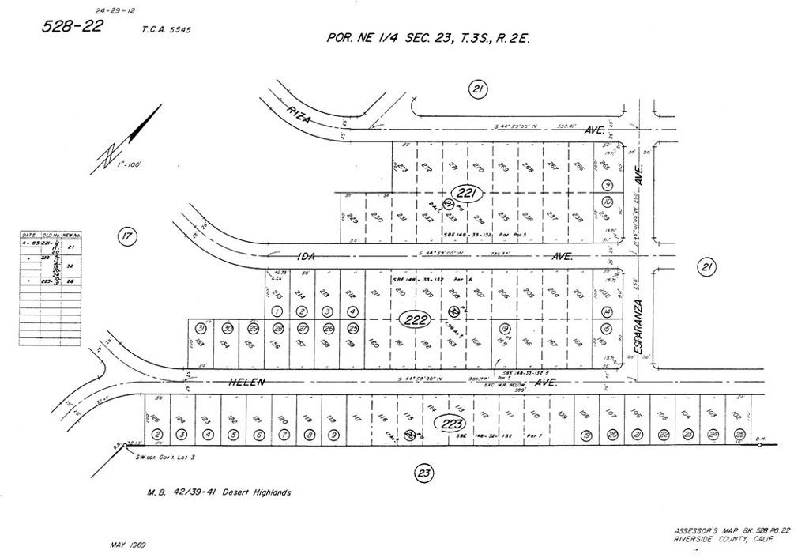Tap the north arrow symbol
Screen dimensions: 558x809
click(127, 142)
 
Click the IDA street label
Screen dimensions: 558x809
click(305, 256)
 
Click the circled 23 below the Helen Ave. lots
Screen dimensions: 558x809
click(423, 473)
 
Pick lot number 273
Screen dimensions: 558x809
click(402, 168)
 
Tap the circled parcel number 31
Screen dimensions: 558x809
click(201, 328)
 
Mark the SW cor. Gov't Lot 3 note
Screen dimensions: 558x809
click(165, 458)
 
